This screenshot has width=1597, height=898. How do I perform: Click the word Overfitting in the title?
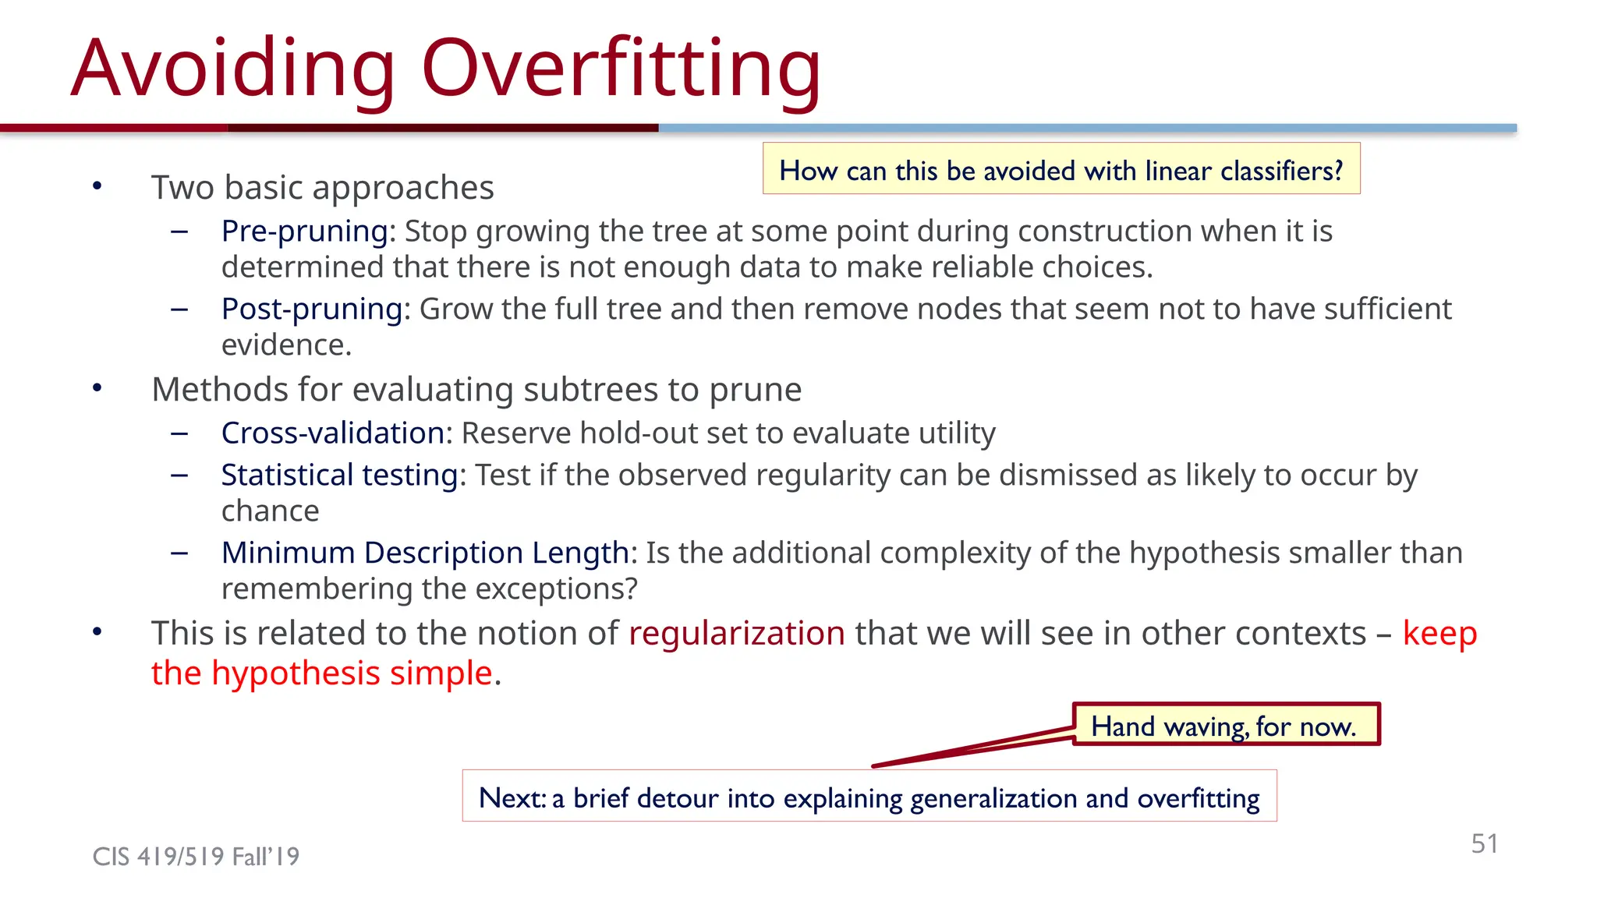[621, 70]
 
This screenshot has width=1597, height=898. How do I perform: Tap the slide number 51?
[1484, 843]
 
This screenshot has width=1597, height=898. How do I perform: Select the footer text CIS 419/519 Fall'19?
[196, 857]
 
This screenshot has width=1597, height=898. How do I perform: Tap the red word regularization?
[736, 634]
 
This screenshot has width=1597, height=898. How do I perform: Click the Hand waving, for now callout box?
[1225, 725]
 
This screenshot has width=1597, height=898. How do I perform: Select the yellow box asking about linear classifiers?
[1061, 169]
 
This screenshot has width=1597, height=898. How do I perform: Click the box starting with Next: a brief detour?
[869, 797]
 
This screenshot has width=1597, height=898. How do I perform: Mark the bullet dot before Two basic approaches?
[97, 186]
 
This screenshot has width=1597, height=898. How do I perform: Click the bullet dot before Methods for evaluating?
[97, 388]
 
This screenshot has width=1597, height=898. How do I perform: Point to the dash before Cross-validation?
[179, 433]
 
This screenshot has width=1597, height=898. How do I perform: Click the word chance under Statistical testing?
[270, 511]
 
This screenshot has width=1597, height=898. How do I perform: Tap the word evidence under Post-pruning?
[285, 345]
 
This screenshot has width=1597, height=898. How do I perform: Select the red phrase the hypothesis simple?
[321, 673]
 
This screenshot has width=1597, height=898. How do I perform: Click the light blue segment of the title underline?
[1087, 128]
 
